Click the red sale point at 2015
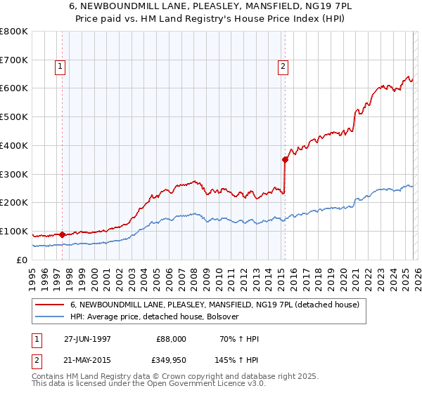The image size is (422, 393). [x=285, y=159]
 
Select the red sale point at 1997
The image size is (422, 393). [x=63, y=234]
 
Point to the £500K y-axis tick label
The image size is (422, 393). [x=14, y=116]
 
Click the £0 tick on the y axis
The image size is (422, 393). [x=23, y=260]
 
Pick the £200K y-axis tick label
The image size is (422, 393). [x=14, y=202]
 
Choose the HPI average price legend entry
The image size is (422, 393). [x=155, y=317]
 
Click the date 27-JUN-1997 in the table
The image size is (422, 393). [x=87, y=339]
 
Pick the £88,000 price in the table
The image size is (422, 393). [x=171, y=339]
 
